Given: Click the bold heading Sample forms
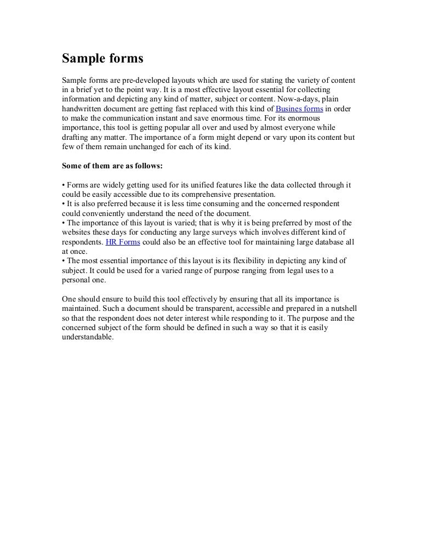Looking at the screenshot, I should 102,58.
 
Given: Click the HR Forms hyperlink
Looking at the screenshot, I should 123,241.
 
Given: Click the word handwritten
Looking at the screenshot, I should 83,109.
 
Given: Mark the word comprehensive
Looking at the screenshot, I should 208,195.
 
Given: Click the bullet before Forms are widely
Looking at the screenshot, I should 64,185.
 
